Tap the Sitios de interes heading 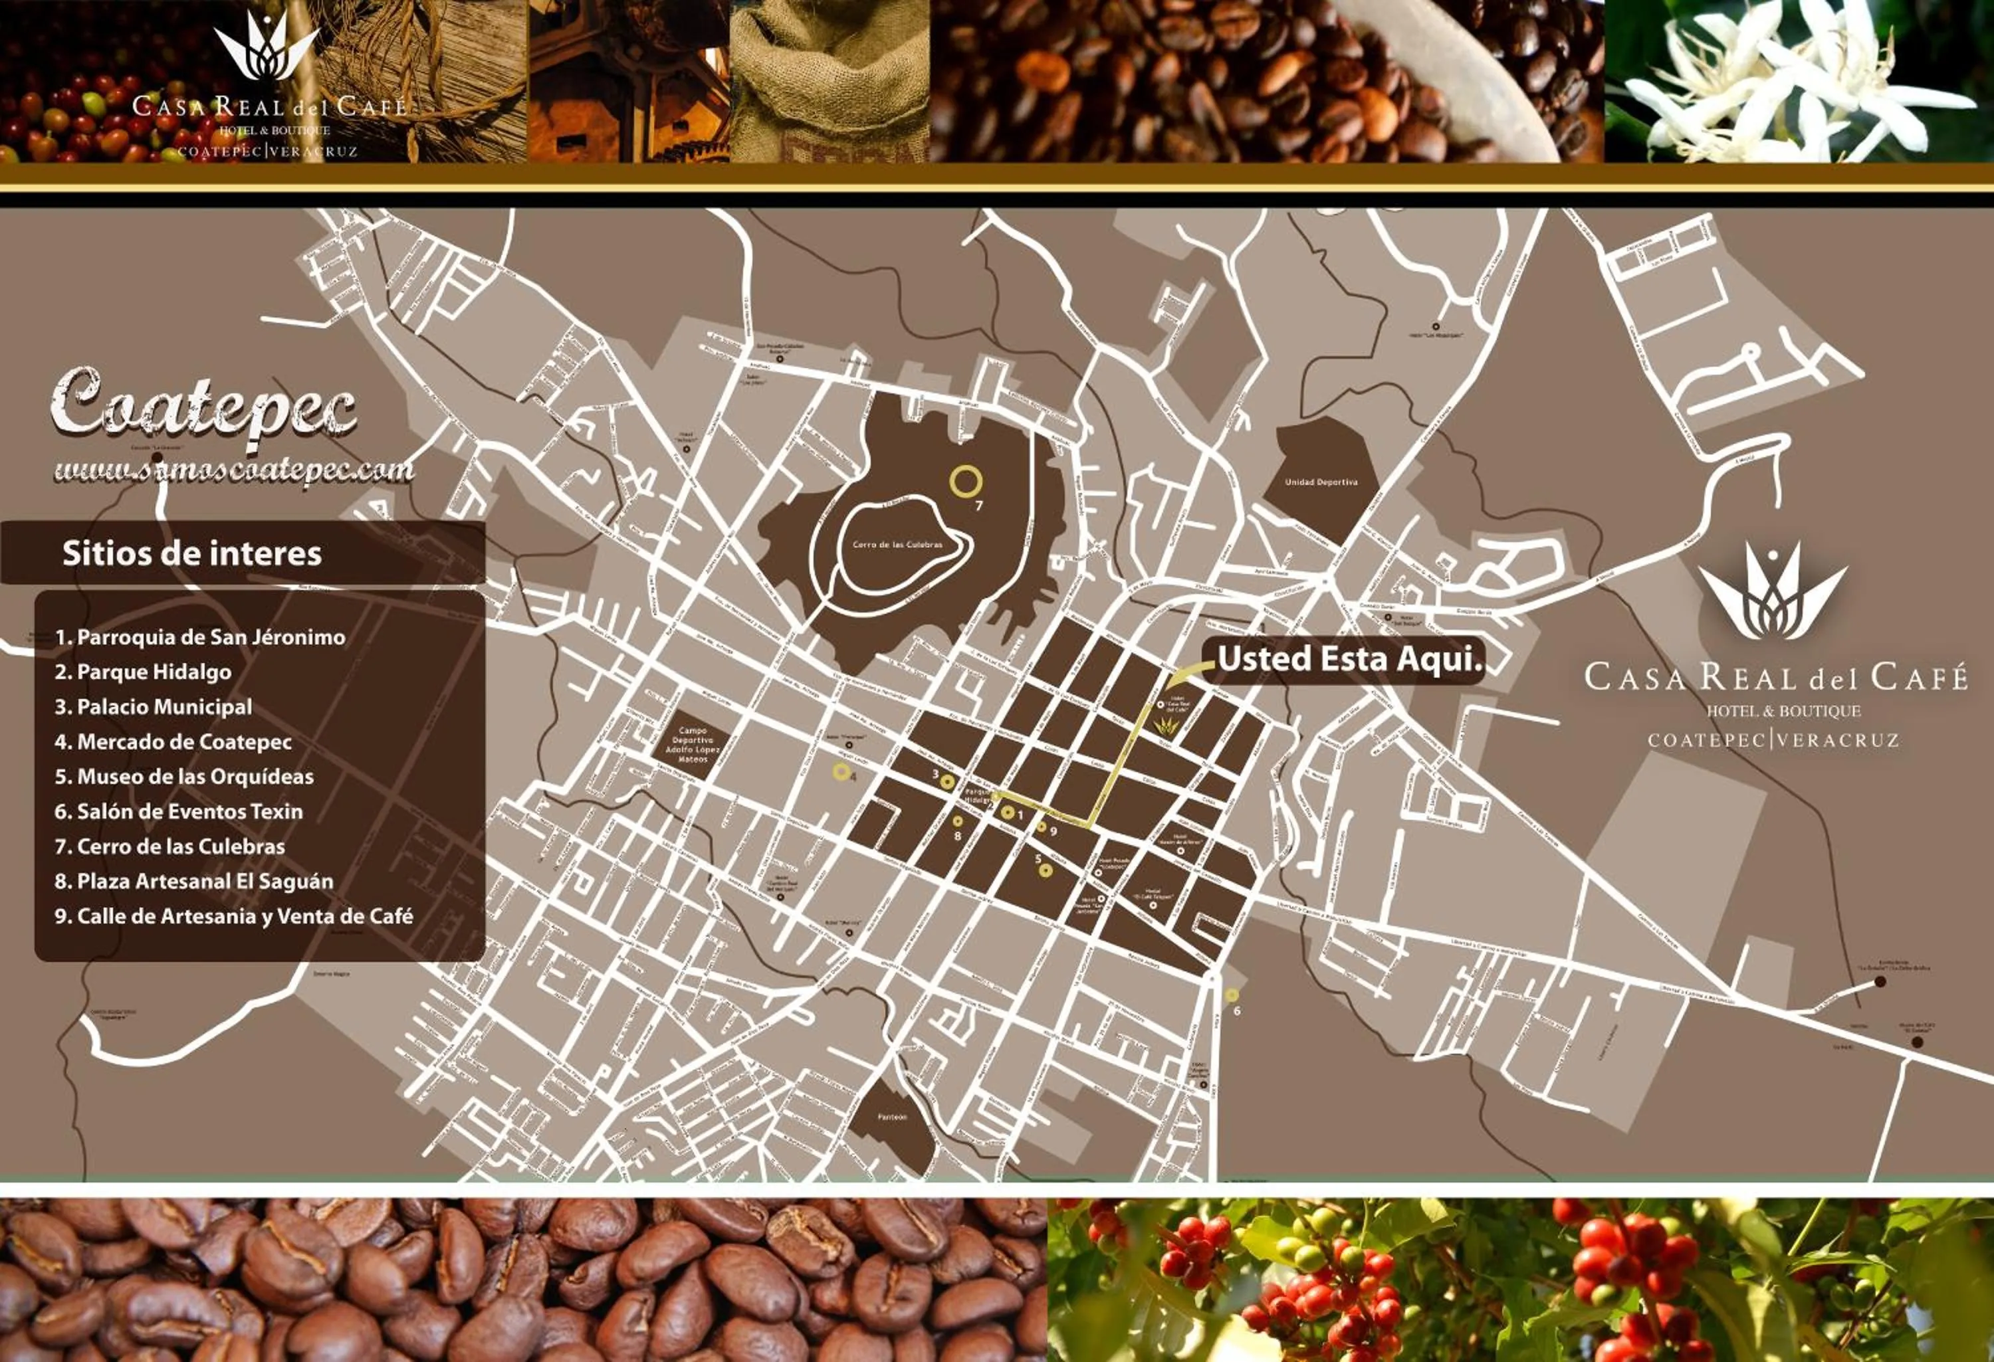click(192, 553)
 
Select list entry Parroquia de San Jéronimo click(200, 637)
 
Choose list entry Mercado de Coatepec click(173, 742)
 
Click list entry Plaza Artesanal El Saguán click(194, 882)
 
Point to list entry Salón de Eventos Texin click(179, 811)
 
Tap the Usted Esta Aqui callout click(1350, 658)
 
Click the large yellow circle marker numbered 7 click(965, 482)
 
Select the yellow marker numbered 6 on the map click(1231, 995)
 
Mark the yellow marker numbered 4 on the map click(841, 772)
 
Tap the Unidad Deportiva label click(1321, 482)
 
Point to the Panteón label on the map click(893, 1117)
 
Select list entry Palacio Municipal click(165, 708)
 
